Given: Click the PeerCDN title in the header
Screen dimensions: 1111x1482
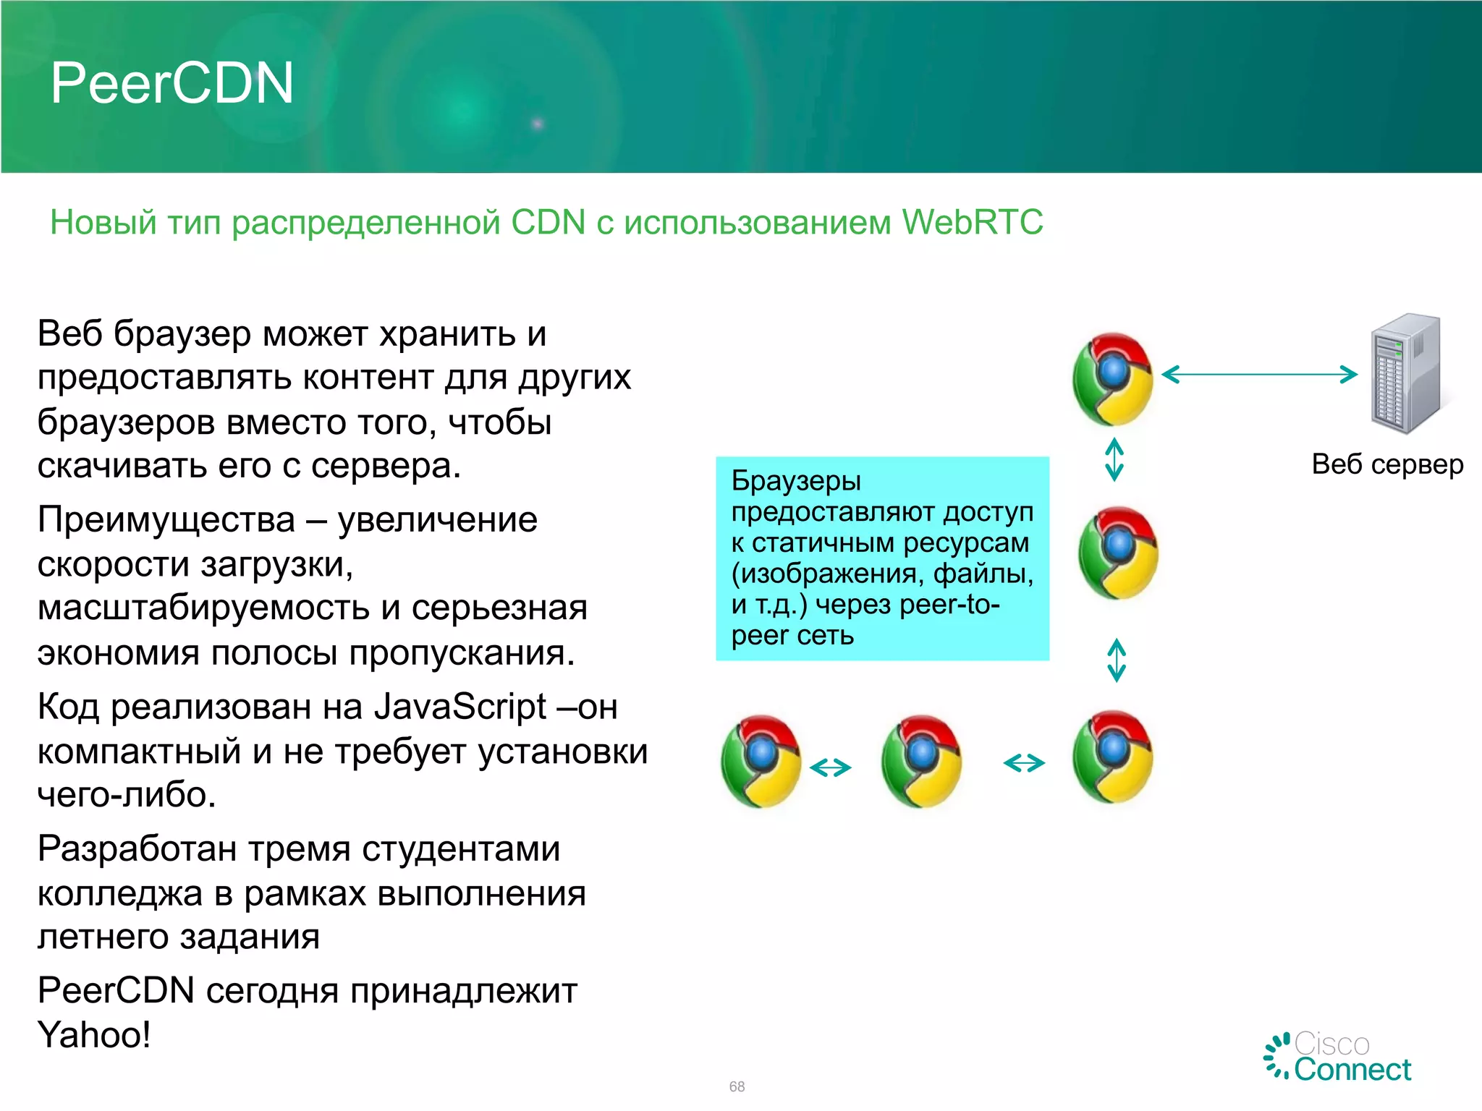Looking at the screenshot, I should pos(172,83).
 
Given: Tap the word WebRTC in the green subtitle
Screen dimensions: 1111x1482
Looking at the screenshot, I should pos(972,222).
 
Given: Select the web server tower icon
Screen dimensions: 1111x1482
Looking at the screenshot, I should pos(1405,374).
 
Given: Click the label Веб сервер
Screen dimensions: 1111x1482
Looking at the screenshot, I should pos(1387,464).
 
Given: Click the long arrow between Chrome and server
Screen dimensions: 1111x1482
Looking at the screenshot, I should pos(1259,374).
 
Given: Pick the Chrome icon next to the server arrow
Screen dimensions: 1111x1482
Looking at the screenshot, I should pos(1113,379).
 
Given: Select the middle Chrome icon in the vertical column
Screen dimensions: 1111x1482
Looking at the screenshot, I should pos(1118,553).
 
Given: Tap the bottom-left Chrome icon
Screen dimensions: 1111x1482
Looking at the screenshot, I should pos(761,761).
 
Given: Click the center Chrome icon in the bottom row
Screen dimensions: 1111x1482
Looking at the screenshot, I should pos(921,761).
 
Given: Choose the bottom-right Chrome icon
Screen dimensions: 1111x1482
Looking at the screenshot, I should pos(1113,757).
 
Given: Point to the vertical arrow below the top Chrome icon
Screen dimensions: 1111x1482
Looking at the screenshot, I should pos(1114,460).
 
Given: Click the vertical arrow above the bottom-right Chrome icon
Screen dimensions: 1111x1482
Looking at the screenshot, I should pos(1117,660).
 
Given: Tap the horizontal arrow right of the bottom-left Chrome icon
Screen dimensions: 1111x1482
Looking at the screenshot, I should pos(830,767).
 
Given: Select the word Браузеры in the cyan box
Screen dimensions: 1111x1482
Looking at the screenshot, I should pos(796,481).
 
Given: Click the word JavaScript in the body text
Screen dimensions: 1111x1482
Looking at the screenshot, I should pos(460,707).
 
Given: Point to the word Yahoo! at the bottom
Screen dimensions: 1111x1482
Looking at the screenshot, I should pos(94,1035).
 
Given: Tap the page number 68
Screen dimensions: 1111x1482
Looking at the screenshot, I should pos(737,1086).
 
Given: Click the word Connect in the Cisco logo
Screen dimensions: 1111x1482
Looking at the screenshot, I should pos(1352,1070).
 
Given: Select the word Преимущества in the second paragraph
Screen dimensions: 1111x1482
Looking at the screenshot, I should pos(166,520).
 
